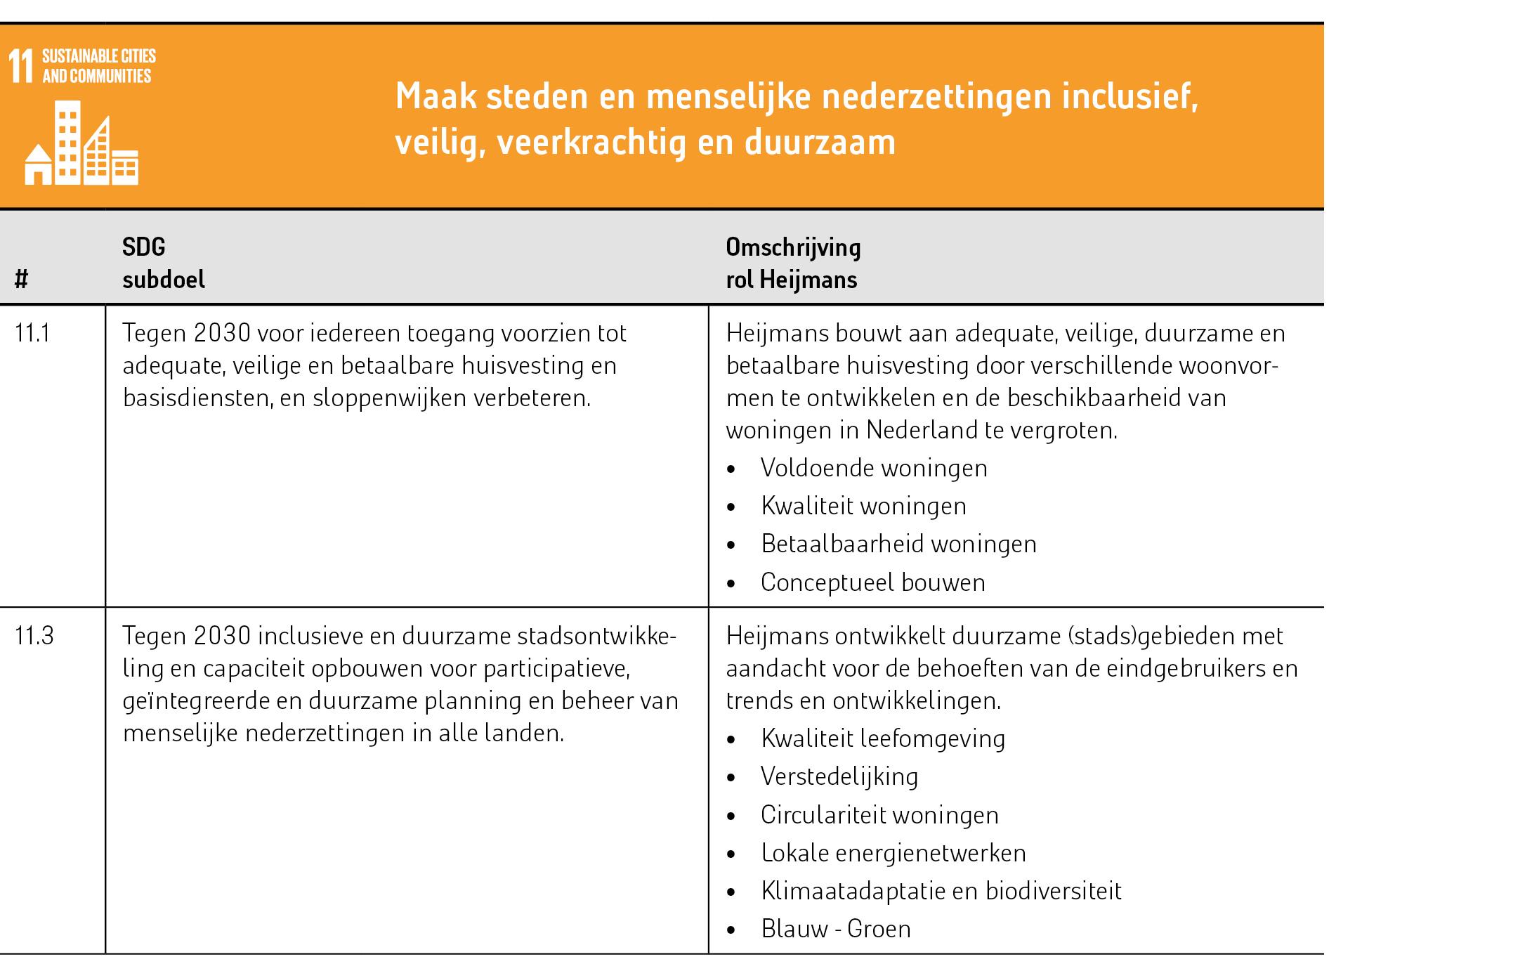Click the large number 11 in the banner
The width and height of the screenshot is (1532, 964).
coord(20,67)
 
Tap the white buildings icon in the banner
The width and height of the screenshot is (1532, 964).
coord(81,143)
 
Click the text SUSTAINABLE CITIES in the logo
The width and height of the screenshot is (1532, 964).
coord(99,56)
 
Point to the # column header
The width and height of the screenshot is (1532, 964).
coord(21,280)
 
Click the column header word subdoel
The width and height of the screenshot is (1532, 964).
coord(164,280)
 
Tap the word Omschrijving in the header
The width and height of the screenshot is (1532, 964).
coord(793,247)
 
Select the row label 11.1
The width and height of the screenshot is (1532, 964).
coord(32,333)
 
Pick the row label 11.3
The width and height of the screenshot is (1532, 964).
coord(34,636)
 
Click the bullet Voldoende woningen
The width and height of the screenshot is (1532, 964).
coord(874,468)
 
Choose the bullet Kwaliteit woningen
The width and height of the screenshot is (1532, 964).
coord(863,506)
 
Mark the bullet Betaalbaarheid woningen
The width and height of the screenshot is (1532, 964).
coord(898,544)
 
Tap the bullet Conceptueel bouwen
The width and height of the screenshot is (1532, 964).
coord(872,582)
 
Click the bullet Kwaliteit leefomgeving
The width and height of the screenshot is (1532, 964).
coord(883,738)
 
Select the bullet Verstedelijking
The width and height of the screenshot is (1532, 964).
coord(839,776)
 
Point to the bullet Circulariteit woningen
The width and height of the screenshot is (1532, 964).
coord(879,815)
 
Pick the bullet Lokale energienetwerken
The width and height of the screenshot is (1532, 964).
coord(893,853)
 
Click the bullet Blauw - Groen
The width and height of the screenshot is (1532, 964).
coord(836,929)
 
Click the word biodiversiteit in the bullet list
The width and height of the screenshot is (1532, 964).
coord(1054,891)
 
